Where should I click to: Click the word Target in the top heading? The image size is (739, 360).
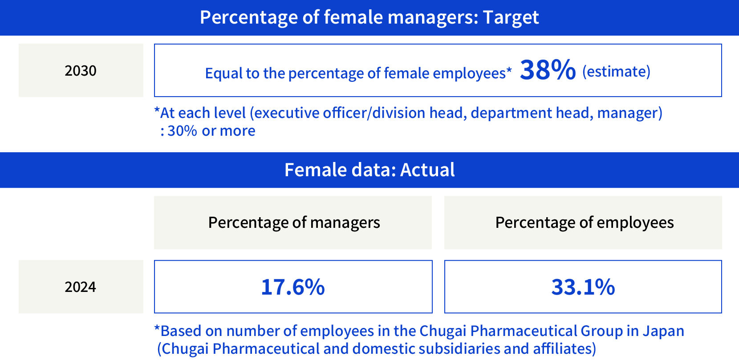pos(511,18)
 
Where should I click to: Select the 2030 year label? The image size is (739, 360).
pos(81,71)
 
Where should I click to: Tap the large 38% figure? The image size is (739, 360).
pos(548,70)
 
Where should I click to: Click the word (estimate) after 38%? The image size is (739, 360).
pos(616,72)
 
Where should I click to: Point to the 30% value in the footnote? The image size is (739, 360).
pos(182,131)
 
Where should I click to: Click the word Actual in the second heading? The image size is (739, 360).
pos(427,170)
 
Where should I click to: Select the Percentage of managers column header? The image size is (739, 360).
pos(294,222)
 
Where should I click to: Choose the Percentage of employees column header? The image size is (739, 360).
pos(584,222)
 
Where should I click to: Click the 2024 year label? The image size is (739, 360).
pos(81,287)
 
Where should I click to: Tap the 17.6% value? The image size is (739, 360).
pos(293,287)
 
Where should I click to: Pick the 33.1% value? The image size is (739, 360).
pos(583,287)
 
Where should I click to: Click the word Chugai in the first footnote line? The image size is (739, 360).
pos(443,331)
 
